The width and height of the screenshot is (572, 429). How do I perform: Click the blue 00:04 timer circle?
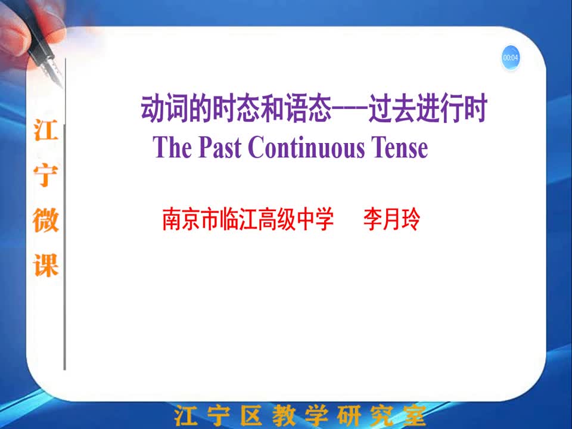(511, 57)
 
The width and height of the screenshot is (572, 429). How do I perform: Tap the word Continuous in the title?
(306, 147)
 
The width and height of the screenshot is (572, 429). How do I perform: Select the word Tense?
(400, 147)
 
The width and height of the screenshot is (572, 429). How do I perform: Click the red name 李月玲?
(392, 219)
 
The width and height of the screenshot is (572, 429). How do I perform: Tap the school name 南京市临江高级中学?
(248, 219)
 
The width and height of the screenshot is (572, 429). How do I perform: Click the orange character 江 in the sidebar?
(46, 129)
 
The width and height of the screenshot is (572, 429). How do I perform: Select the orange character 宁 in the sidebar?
(46, 175)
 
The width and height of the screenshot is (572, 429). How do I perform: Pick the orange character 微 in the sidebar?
(46, 220)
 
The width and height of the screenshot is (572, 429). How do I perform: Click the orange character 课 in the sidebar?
(46, 265)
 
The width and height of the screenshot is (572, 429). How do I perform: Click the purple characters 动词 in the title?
(164, 108)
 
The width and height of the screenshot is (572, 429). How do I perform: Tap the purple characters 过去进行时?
(428, 108)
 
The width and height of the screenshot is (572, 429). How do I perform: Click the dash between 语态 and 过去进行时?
(350, 108)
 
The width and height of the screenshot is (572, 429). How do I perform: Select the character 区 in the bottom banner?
(251, 415)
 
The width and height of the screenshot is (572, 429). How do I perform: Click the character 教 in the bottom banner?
(284, 415)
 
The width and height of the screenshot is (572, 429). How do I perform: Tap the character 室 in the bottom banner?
(415, 415)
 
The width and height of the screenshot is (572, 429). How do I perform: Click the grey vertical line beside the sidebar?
(65, 214)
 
